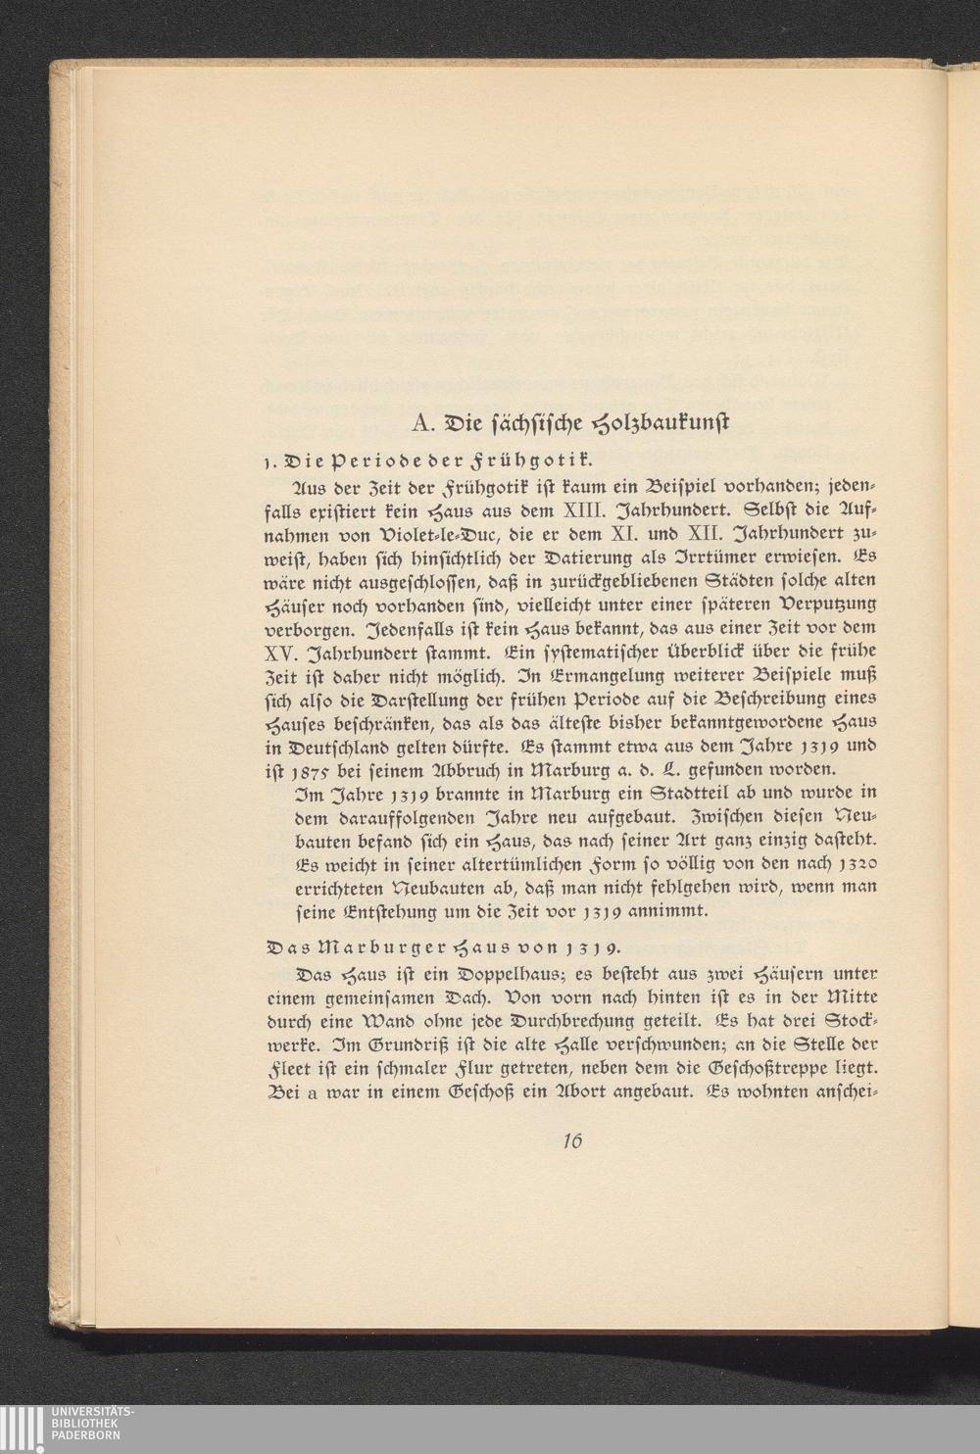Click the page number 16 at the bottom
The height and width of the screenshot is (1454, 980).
click(574, 1140)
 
